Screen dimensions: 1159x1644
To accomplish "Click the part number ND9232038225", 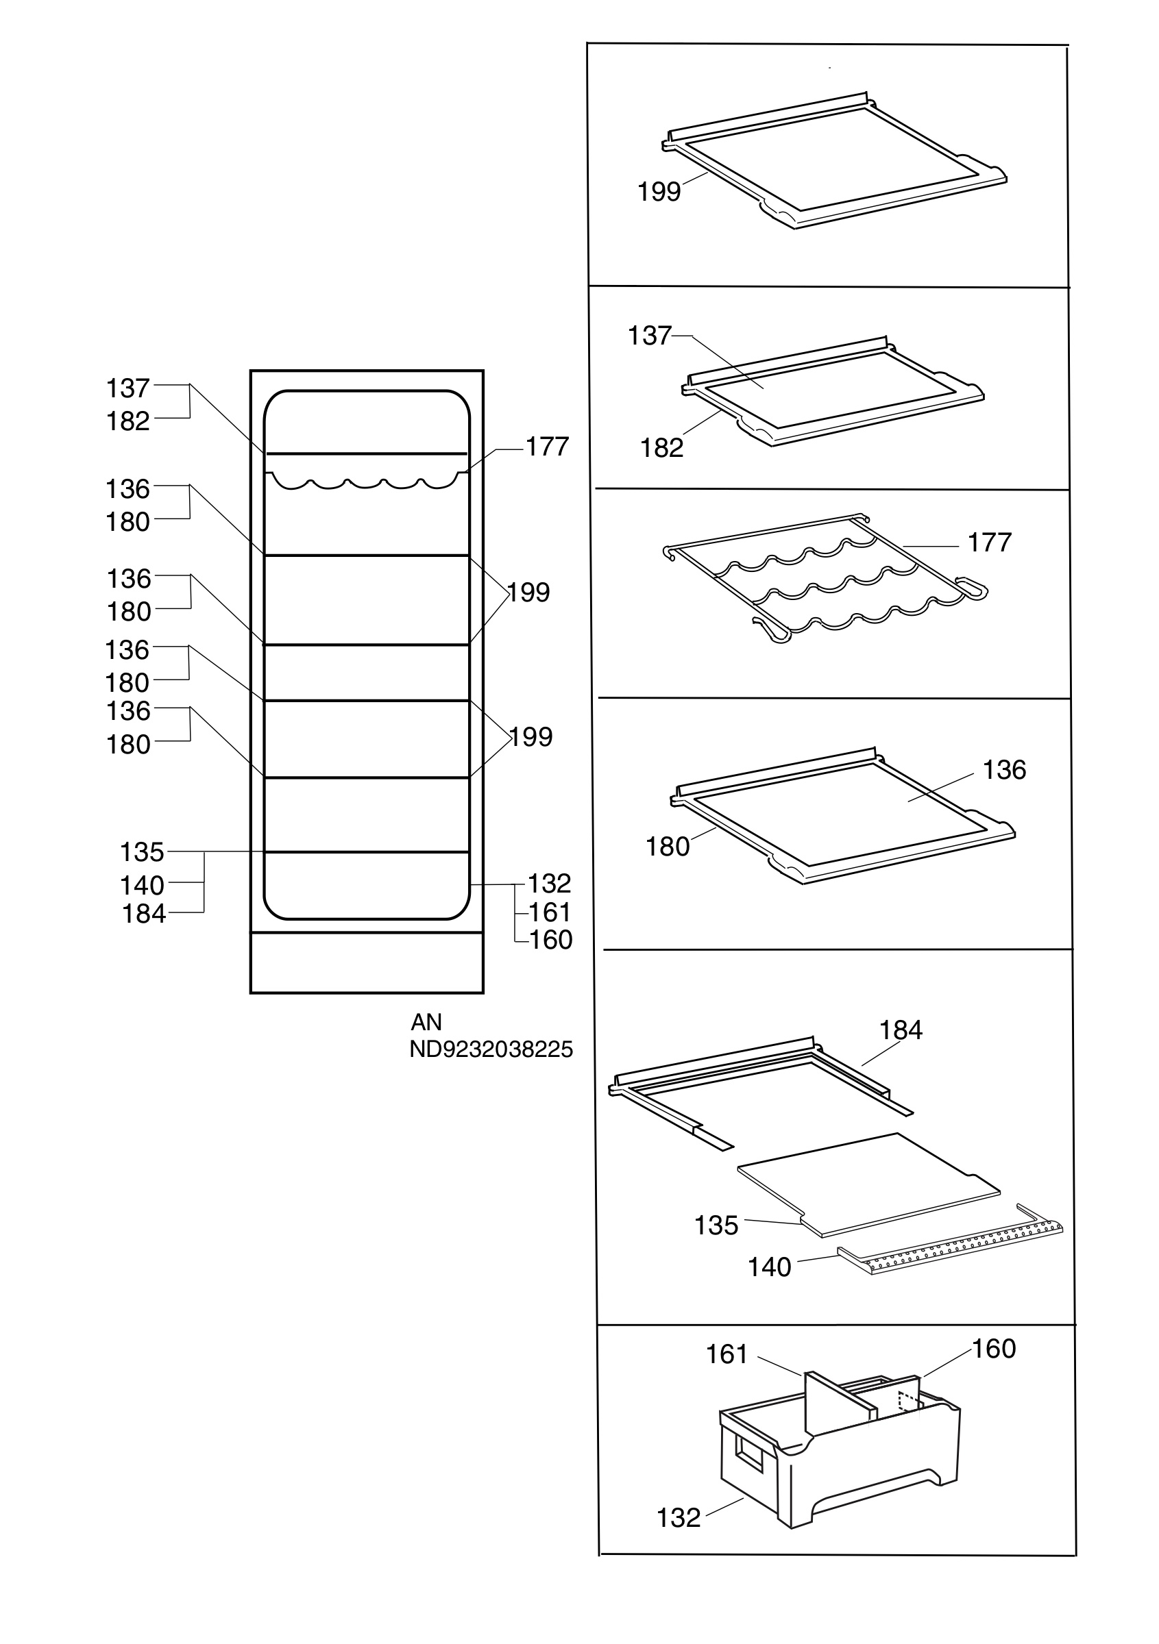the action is point(491,1049).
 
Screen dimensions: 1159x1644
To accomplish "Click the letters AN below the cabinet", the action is point(426,1022).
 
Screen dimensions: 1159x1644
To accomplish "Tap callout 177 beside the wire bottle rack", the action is point(989,542).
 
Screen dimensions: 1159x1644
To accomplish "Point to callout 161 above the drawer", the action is point(727,1354).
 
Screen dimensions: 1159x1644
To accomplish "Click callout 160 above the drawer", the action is point(994,1348).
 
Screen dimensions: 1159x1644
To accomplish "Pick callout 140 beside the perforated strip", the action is point(769,1267).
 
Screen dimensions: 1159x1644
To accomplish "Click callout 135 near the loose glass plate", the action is point(716,1225).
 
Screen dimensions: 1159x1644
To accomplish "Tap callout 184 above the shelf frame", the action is point(901,1030).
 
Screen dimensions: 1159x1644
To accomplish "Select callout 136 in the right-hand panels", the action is point(1004,770).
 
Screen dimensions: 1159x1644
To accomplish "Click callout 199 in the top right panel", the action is point(659,191).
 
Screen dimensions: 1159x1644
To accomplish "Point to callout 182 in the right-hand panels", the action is point(661,447).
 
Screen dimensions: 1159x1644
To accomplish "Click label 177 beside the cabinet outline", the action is point(547,446).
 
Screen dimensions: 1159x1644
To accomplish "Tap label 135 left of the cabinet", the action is point(142,852).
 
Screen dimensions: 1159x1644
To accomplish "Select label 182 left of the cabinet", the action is point(128,421).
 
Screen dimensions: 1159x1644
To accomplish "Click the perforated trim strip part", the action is point(951,1243).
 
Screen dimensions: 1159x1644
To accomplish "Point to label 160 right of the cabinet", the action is point(551,939).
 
